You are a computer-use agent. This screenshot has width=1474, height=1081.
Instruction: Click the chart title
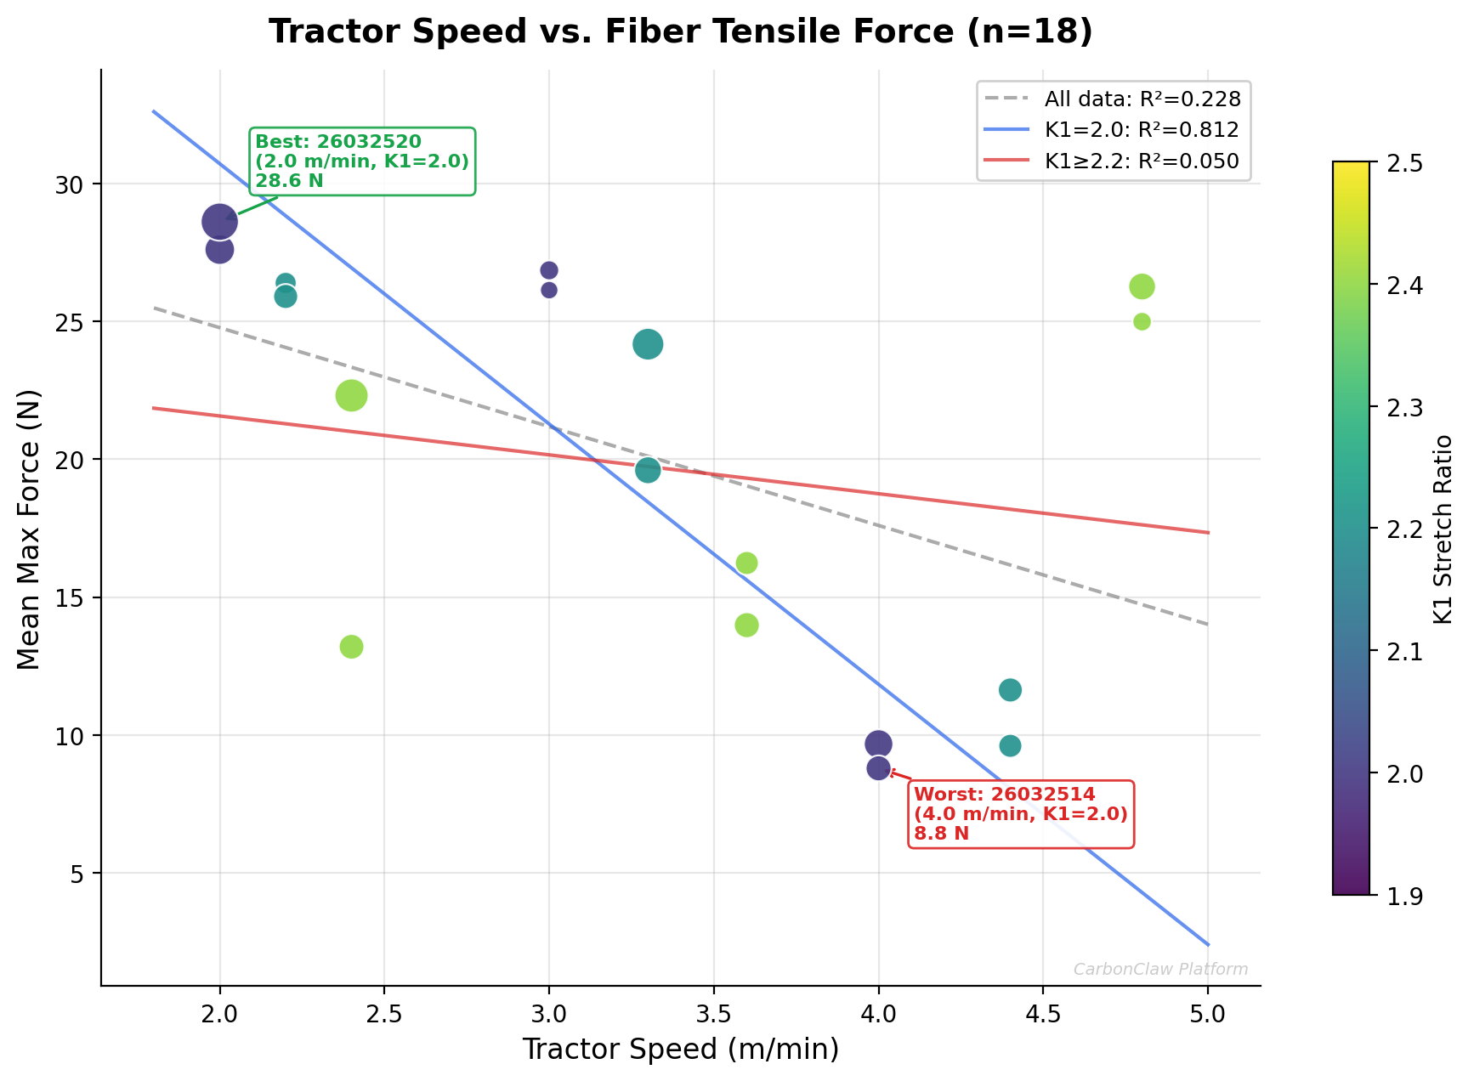(680, 32)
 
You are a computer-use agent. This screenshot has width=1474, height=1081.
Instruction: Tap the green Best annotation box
(361, 161)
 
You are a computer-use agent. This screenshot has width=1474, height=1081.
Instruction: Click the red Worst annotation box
(1020, 814)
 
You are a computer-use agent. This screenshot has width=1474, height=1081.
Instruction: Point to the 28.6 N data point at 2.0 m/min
(219, 222)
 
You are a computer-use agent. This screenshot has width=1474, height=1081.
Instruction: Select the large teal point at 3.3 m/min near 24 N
(648, 344)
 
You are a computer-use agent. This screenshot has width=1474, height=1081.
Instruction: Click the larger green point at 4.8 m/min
(1142, 286)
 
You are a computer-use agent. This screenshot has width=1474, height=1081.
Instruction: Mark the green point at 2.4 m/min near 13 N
(351, 647)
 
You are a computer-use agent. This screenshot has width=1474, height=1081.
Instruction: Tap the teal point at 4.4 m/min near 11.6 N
(1010, 689)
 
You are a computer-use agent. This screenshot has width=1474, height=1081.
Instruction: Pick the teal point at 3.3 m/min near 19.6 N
(648, 470)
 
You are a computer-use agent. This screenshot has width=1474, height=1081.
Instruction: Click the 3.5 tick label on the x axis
(713, 1014)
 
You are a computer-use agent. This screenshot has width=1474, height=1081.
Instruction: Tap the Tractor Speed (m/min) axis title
(680, 1050)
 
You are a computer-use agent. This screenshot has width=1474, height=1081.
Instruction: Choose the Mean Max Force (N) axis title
(30, 529)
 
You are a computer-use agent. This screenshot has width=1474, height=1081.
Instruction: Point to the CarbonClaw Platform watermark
(1160, 970)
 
